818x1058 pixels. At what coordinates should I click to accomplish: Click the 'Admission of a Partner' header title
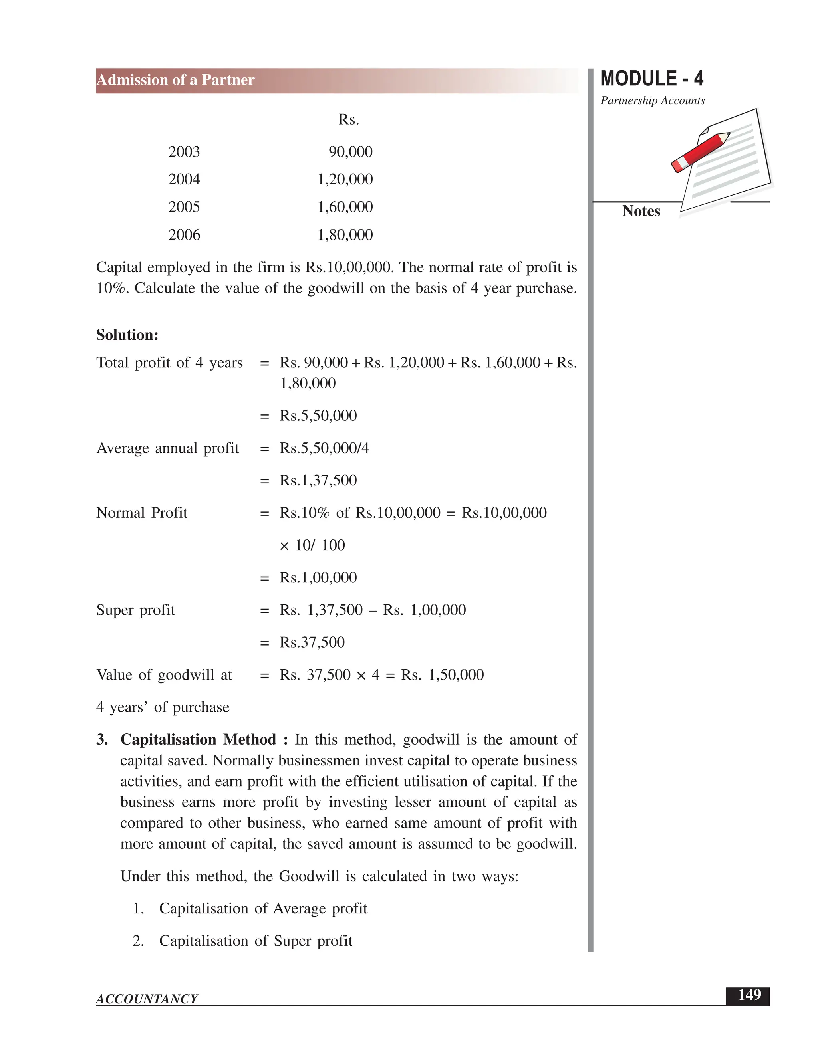(175, 80)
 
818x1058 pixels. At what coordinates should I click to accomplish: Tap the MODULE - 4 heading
(651, 79)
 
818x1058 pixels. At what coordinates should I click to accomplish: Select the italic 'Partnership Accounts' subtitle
(652, 101)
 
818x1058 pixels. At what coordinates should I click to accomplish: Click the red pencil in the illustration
(700, 152)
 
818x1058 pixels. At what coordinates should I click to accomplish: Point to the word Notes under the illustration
(641, 211)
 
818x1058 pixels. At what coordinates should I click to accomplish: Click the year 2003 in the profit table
(184, 152)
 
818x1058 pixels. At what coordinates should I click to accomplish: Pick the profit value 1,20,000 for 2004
(345, 179)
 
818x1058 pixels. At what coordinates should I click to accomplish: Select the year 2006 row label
(184, 235)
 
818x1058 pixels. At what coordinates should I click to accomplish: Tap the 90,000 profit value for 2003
(350, 152)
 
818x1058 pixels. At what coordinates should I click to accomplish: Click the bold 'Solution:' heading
(127, 335)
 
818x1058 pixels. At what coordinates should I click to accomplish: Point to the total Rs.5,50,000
(318, 416)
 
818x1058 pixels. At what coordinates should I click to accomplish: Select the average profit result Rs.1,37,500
(318, 481)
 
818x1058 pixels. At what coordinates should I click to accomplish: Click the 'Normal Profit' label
(141, 513)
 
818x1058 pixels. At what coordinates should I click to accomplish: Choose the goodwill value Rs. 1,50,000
(442, 675)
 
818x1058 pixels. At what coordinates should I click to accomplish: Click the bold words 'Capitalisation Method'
(198, 740)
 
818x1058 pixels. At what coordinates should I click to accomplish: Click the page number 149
(749, 995)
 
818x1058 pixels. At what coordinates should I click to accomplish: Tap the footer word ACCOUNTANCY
(147, 999)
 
